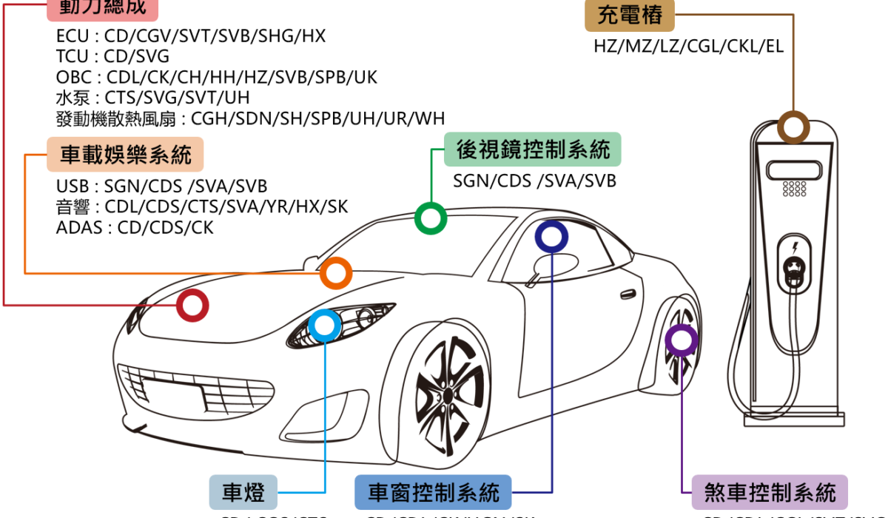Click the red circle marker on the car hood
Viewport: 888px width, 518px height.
pyautogui.click(x=192, y=305)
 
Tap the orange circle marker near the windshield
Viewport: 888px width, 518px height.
pyautogui.click(x=336, y=273)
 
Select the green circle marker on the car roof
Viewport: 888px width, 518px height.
pyautogui.click(x=430, y=218)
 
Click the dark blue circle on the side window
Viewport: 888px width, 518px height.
pyautogui.click(x=551, y=237)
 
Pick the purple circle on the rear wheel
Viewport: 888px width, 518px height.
pyautogui.click(x=681, y=339)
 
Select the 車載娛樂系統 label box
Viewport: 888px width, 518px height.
pyautogui.click(x=126, y=154)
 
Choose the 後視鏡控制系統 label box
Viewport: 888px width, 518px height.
pyautogui.click(x=533, y=150)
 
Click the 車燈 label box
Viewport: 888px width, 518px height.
pyautogui.click(x=243, y=492)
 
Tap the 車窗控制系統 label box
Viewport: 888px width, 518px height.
pyautogui.click(x=433, y=492)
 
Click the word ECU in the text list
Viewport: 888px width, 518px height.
pyautogui.click(x=71, y=36)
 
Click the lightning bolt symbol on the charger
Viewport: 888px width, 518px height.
pyautogui.click(x=795, y=247)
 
